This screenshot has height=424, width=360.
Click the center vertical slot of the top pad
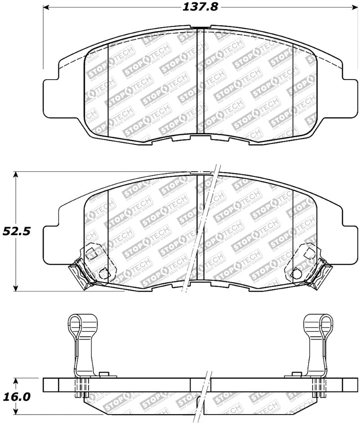pos(201,81)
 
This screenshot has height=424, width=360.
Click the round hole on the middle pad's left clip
pos(103,272)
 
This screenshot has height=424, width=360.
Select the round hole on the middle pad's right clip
pos(297,272)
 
